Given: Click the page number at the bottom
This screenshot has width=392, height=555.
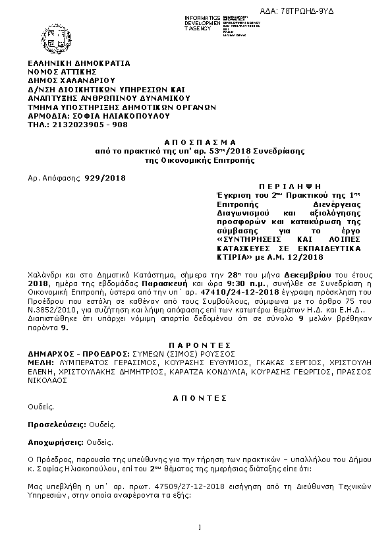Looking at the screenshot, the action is click(x=199, y=527).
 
